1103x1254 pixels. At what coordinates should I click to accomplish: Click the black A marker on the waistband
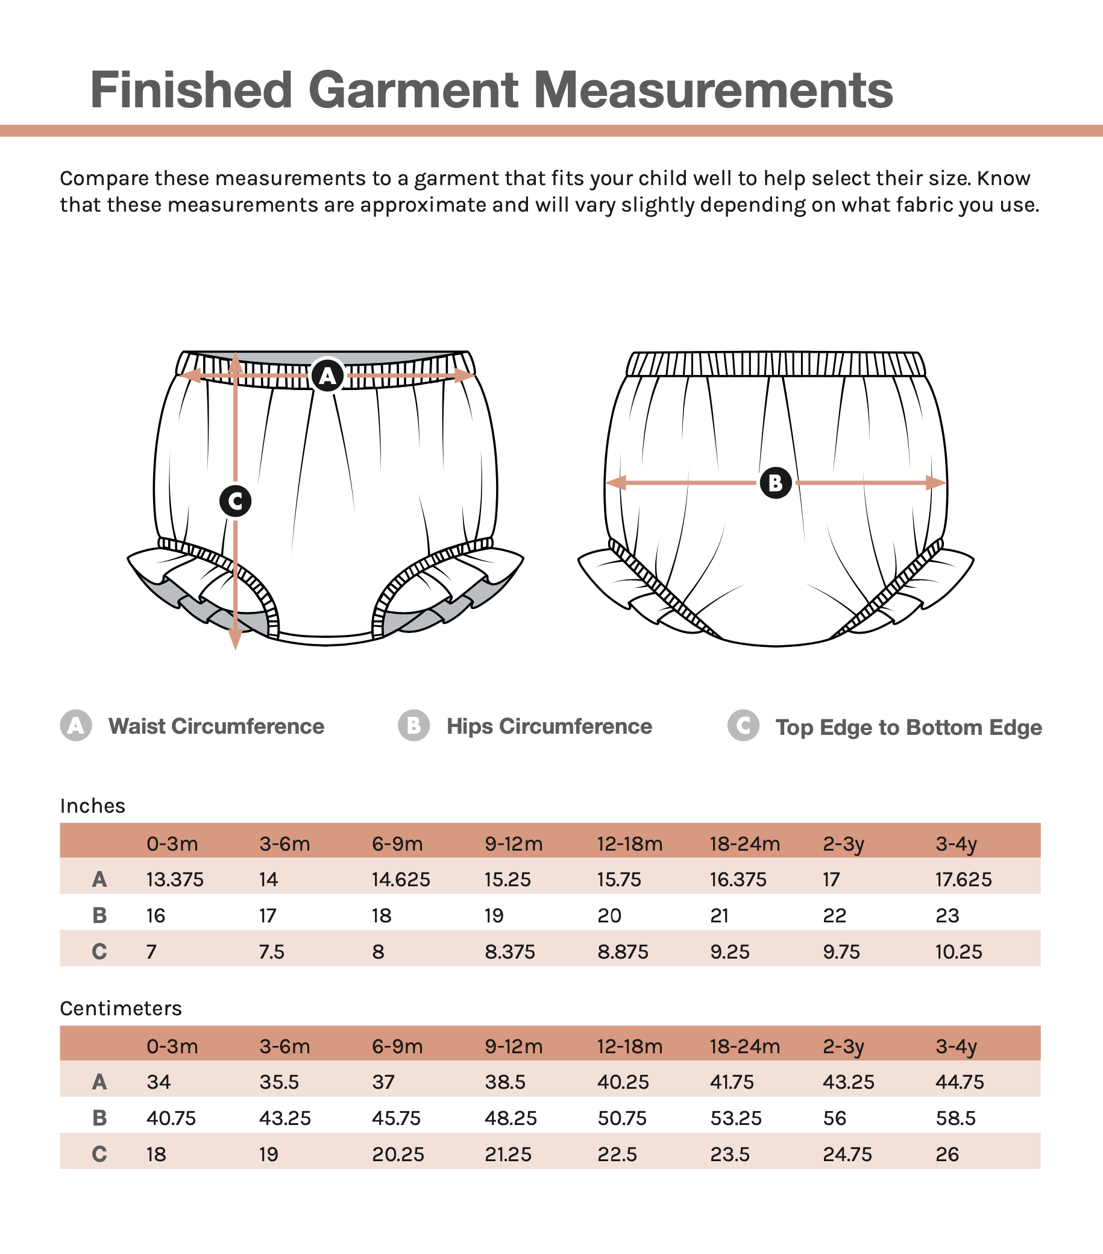[x=328, y=376]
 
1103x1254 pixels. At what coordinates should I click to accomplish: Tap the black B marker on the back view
[x=775, y=483]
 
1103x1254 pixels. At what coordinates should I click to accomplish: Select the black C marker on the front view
[x=235, y=501]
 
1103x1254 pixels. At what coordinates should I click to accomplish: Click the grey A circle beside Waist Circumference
[x=76, y=725]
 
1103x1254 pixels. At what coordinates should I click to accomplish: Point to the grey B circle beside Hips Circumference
[x=414, y=725]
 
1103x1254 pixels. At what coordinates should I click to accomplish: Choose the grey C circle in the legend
[x=744, y=725]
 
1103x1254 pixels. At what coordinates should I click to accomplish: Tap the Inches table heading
[x=93, y=805]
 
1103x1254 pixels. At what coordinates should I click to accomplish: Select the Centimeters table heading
[x=121, y=1008]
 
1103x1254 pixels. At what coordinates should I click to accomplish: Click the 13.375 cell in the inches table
[x=175, y=879]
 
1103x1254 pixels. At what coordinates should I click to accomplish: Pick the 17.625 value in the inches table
[x=963, y=879]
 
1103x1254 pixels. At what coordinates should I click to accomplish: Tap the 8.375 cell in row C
[x=510, y=951]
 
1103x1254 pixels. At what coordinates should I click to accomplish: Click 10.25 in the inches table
[x=959, y=951]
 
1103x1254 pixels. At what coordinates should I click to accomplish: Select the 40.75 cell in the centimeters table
[x=171, y=1118]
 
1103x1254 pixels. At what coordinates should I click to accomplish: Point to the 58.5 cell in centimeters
[x=956, y=1118]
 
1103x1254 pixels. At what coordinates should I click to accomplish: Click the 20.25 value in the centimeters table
[x=398, y=1154]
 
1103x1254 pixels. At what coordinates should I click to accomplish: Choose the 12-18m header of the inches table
[x=630, y=843]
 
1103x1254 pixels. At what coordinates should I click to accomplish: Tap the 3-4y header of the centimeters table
[x=956, y=1046]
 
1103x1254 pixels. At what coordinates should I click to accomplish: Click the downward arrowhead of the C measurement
[x=235, y=640]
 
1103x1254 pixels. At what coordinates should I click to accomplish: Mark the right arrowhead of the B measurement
[x=936, y=483]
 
